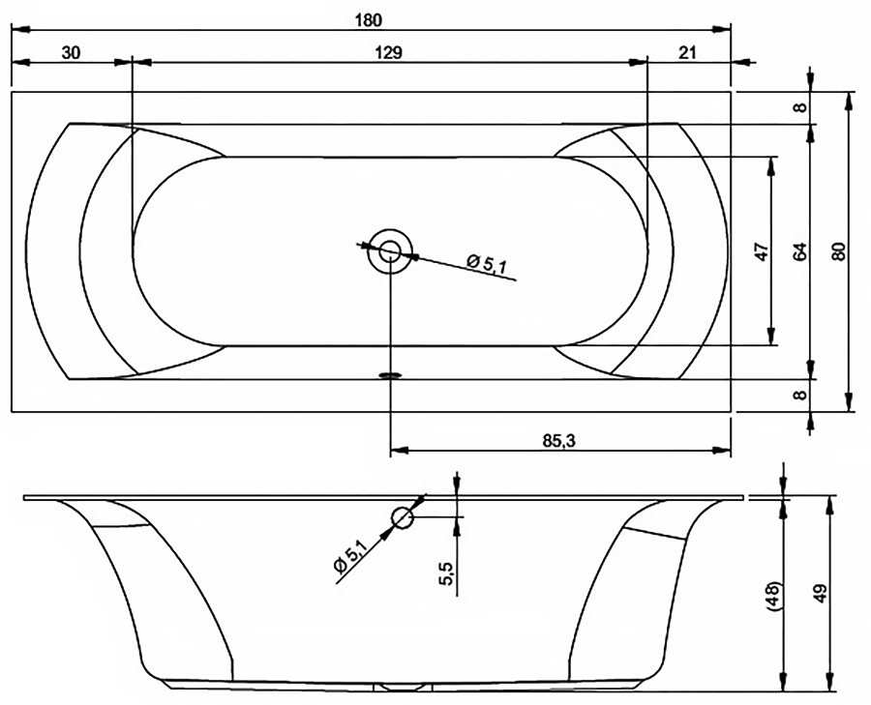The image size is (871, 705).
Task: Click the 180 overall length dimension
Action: pos(369,20)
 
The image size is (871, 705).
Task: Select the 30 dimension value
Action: pos(71,53)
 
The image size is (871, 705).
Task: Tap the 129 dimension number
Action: pos(388,53)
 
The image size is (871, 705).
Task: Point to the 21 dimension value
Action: pos(687,53)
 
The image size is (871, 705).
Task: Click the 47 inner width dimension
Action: pos(762,251)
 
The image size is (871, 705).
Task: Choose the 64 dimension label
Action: pos(799,251)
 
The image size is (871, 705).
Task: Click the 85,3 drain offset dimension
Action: pos(559,441)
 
